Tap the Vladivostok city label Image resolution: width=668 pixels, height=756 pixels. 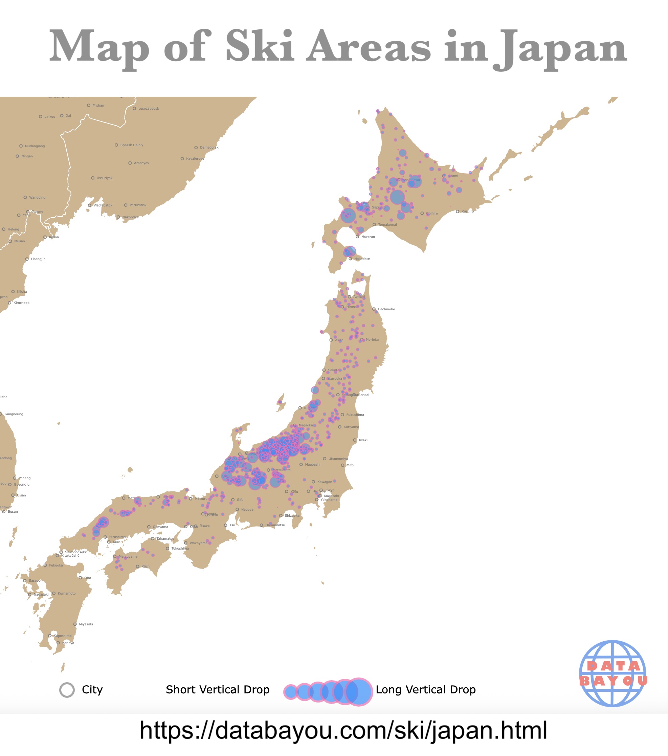tap(103, 205)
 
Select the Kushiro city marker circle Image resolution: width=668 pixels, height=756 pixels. tap(458, 212)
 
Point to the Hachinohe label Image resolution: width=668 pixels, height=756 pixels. tap(386, 309)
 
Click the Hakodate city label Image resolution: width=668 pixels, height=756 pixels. tap(362, 259)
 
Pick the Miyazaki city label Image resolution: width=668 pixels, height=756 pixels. tap(86, 624)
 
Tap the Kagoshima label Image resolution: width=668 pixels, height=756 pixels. tap(63, 636)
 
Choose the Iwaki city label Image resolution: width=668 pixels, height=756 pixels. tap(363, 440)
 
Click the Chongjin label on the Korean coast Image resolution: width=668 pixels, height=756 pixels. tap(38, 259)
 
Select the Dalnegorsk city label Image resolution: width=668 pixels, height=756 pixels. tap(209, 148)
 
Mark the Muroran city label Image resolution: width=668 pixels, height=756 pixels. tap(368, 237)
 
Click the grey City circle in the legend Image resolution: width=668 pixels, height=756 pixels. tap(67, 690)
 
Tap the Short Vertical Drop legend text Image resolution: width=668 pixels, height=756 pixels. tap(218, 690)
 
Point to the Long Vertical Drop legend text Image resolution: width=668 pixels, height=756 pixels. tap(425, 690)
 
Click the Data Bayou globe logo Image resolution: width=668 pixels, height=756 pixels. tap(613, 674)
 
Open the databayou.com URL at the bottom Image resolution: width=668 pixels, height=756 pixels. tap(343, 731)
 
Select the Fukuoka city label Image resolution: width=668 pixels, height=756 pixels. tap(56, 565)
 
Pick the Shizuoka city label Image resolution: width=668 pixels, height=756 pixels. tap(292, 516)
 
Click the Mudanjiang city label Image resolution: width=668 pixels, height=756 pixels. tap(35, 146)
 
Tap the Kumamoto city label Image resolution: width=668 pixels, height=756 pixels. tap(67, 594)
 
